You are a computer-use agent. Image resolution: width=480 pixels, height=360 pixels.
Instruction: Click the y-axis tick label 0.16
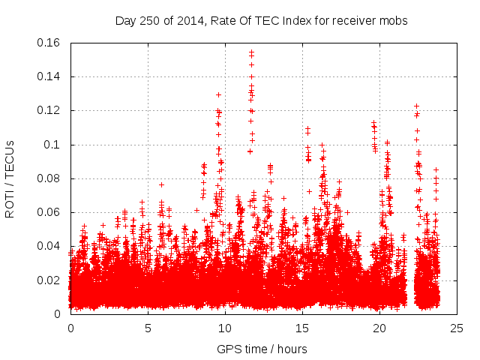coord(52,43)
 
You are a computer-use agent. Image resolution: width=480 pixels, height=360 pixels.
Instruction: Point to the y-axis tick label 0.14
coord(52,76)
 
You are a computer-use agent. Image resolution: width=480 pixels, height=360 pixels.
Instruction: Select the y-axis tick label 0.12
coord(52,110)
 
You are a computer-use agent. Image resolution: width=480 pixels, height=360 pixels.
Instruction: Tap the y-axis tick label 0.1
coord(55,145)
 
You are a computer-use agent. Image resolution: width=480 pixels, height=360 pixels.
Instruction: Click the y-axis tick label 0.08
coord(52,178)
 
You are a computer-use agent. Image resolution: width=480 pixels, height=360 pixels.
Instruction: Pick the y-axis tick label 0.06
coord(52,212)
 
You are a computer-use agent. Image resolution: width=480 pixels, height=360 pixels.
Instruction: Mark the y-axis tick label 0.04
coord(52,246)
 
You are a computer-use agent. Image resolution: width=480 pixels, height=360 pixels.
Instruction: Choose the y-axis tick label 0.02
coord(52,280)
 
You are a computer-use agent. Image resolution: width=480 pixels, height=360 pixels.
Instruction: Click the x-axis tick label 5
coord(148,328)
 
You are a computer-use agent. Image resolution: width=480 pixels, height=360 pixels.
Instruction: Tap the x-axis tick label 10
coord(225,328)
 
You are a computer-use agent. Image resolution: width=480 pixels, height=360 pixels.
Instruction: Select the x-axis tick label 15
coord(302,328)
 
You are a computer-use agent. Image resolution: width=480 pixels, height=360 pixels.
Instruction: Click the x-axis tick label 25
coord(457,328)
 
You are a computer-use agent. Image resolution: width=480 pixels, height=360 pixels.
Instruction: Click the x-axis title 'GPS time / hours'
coord(262,349)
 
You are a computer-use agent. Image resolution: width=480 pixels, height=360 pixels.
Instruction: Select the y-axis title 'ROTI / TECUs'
coord(10,178)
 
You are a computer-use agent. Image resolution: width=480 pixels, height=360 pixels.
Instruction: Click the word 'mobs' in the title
coord(392,21)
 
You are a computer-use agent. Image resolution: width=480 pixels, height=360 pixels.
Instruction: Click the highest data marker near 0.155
coord(251,52)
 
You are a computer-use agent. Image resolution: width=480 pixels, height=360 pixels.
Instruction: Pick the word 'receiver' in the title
coord(352,21)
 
